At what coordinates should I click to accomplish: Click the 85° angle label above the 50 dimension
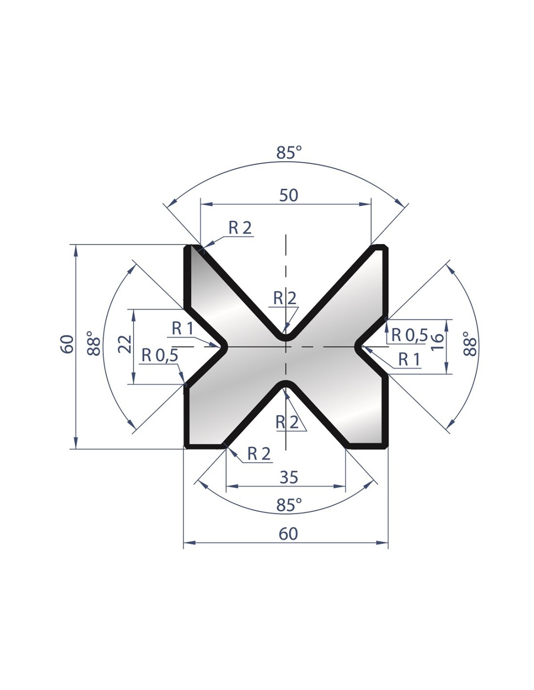click(289, 152)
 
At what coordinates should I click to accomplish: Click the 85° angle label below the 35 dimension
click(289, 505)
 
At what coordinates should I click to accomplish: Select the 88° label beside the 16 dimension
click(470, 344)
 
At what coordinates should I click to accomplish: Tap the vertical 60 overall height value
click(67, 344)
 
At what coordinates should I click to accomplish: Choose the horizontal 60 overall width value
click(288, 534)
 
